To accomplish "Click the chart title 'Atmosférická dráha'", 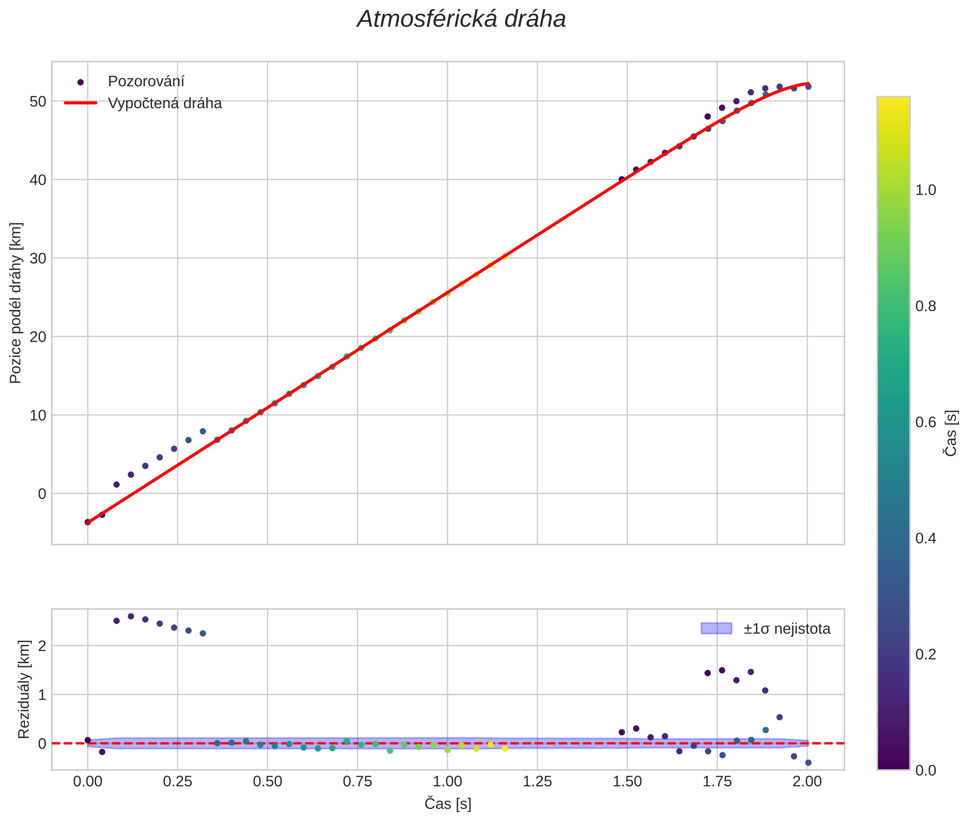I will [x=461, y=20].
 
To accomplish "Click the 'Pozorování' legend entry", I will [x=146, y=82].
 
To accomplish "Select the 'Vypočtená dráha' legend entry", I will [x=165, y=103].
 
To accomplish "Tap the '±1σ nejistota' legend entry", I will [x=786, y=629].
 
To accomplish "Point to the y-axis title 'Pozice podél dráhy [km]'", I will [x=15, y=302].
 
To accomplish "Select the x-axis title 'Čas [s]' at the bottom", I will [x=448, y=804].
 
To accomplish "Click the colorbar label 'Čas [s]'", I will [x=951, y=433].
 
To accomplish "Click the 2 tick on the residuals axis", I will [x=42, y=645].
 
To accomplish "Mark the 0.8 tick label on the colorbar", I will [x=926, y=306].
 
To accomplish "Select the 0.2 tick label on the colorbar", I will [x=926, y=654].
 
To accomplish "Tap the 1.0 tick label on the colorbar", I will [x=926, y=190].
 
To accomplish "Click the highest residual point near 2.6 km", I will [x=131, y=616].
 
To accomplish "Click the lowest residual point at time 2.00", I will [x=808, y=762].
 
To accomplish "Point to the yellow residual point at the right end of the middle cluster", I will [x=505, y=748].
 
